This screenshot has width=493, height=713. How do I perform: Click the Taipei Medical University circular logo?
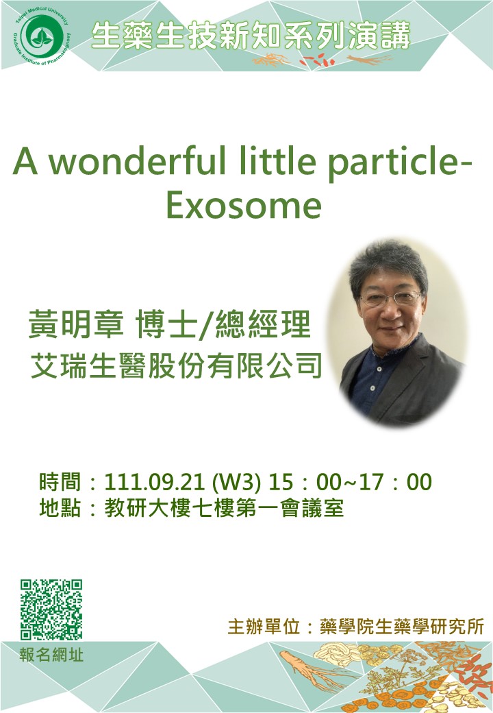pyautogui.click(x=41, y=36)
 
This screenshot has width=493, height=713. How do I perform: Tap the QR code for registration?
pyautogui.click(x=51, y=609)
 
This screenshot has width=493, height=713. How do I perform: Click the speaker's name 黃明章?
pyautogui.click(x=76, y=325)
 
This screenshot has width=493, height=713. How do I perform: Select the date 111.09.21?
pyautogui.click(x=154, y=482)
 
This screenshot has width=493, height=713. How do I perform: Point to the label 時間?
pyautogui.click(x=60, y=481)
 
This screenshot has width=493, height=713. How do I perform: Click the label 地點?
pyautogui.click(x=60, y=507)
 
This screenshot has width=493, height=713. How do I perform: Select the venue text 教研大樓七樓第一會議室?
pyautogui.click(x=224, y=508)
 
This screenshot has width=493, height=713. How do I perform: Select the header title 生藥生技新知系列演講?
pyautogui.click(x=251, y=36)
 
